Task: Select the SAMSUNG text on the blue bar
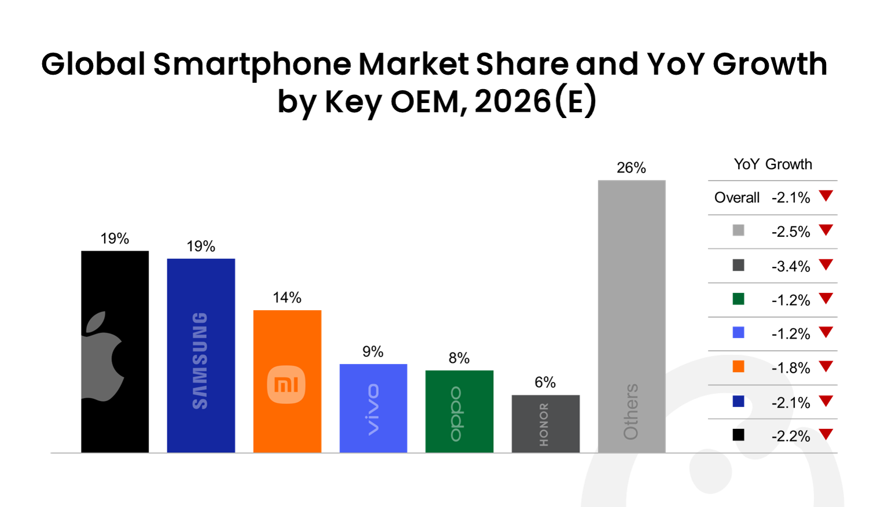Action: (200, 361)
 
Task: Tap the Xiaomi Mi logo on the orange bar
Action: (286, 384)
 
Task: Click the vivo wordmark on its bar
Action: (373, 409)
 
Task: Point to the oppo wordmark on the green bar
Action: (457, 413)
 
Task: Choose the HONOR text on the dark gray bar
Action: (544, 425)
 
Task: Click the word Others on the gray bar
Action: (631, 412)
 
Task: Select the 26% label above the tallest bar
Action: (631, 168)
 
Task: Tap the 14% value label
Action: (287, 297)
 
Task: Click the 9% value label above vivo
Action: (373, 351)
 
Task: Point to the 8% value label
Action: (459, 358)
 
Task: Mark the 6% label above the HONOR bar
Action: (545, 382)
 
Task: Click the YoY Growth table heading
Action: (773, 164)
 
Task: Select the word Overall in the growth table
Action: (736, 198)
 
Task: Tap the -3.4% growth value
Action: (790, 266)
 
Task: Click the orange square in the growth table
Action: (738, 367)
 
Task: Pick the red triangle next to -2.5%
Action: (826, 230)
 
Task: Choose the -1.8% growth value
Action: (790, 368)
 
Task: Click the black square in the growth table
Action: (738, 435)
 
